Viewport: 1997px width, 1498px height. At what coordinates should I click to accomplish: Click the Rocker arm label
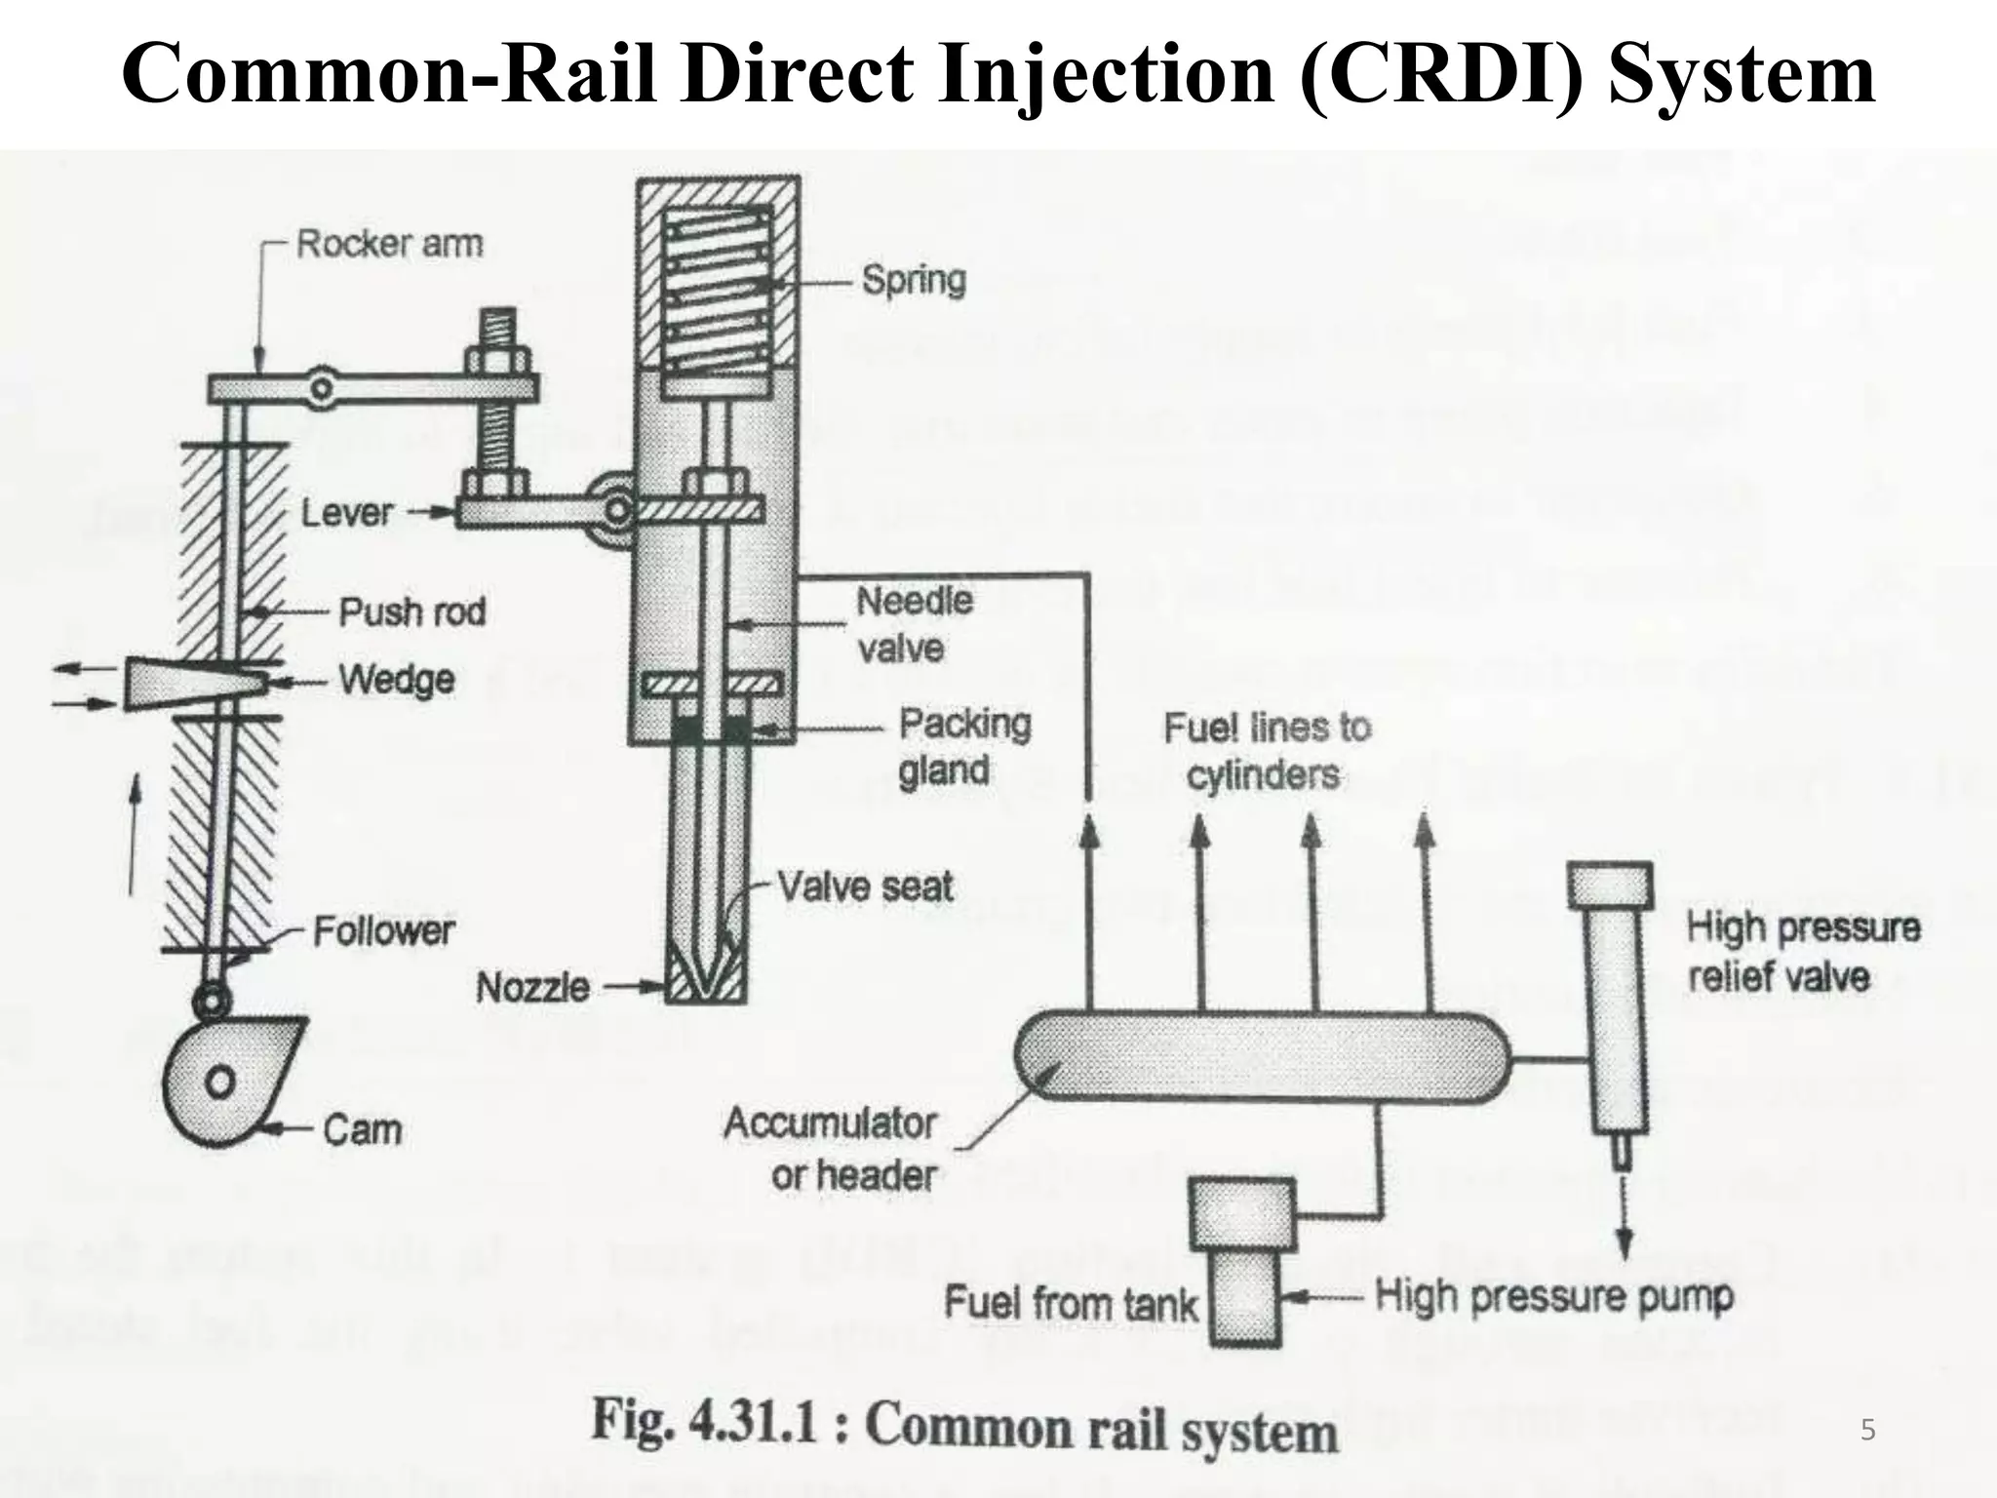389,244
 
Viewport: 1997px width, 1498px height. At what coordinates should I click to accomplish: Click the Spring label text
914,281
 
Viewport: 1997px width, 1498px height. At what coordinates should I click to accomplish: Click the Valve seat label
865,887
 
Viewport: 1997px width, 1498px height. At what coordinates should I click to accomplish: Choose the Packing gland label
963,747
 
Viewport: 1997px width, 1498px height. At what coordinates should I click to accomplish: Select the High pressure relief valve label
1802,951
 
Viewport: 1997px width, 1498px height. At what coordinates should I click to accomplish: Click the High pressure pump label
1553,1297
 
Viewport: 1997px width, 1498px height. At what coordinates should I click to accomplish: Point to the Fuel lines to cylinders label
1266,751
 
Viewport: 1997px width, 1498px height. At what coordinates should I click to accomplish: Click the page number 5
1867,1431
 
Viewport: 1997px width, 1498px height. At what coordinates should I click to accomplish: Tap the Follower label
383,931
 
